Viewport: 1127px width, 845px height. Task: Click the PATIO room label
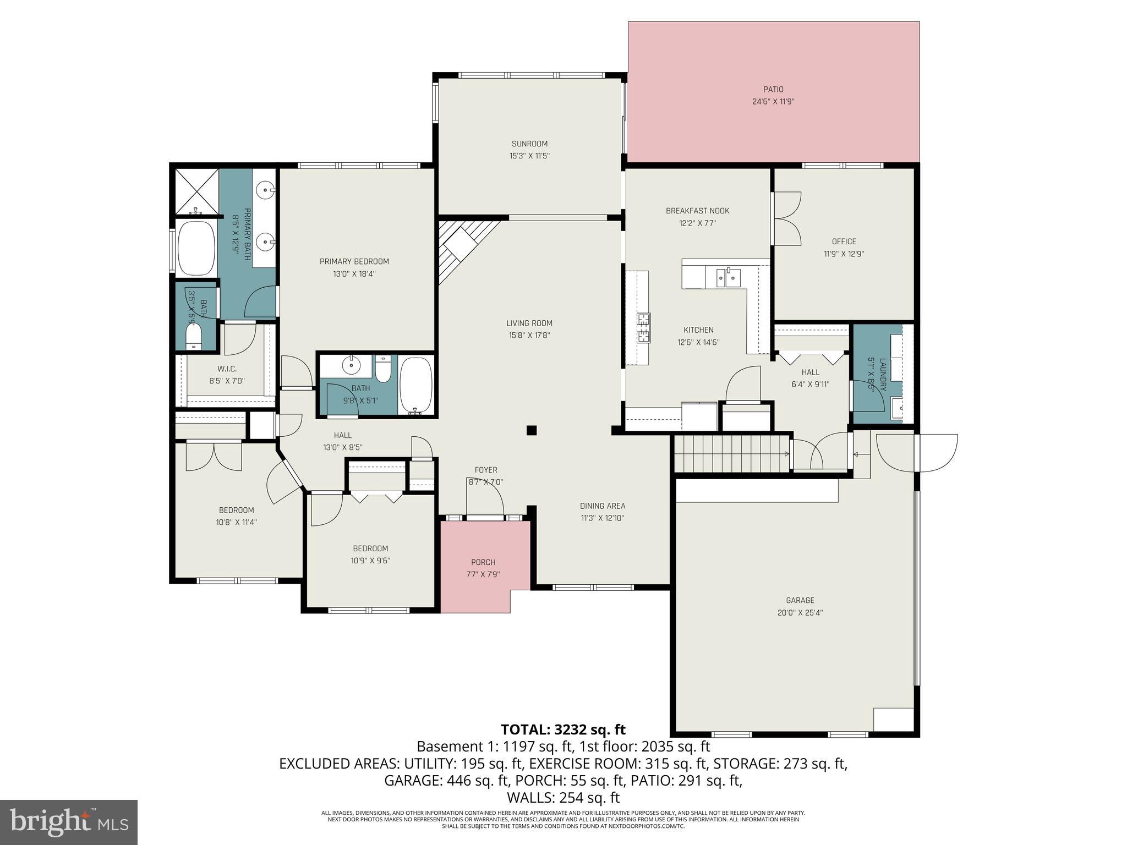coord(773,89)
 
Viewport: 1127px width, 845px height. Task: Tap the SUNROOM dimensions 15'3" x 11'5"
coord(529,156)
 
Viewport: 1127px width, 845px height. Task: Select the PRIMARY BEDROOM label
coord(354,261)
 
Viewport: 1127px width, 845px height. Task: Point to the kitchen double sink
coord(728,277)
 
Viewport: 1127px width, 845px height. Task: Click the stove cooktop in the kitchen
coord(643,327)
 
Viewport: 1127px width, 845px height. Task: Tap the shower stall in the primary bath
coord(196,191)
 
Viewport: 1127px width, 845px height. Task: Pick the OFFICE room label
coord(844,242)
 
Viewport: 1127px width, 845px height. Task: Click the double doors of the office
coord(787,218)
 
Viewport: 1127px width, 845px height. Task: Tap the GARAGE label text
coord(800,600)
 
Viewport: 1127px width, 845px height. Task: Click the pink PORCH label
coord(483,562)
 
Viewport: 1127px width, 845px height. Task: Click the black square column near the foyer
coord(531,430)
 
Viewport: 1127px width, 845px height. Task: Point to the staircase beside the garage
coord(731,453)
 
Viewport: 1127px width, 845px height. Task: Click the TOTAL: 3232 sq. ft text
coord(563,729)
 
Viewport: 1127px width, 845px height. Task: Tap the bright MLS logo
coord(68,822)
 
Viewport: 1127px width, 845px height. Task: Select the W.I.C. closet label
coord(226,369)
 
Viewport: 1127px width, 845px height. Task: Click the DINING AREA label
coord(602,506)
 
